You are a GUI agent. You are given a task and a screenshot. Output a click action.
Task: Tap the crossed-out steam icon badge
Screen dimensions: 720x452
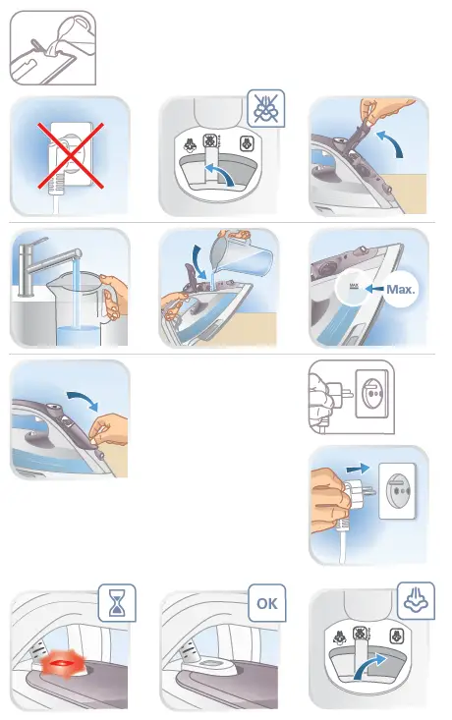[x=264, y=110]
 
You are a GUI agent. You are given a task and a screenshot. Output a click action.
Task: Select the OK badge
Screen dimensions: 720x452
[x=264, y=602]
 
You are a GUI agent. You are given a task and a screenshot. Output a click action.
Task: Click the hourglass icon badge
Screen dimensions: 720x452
[x=118, y=602]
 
